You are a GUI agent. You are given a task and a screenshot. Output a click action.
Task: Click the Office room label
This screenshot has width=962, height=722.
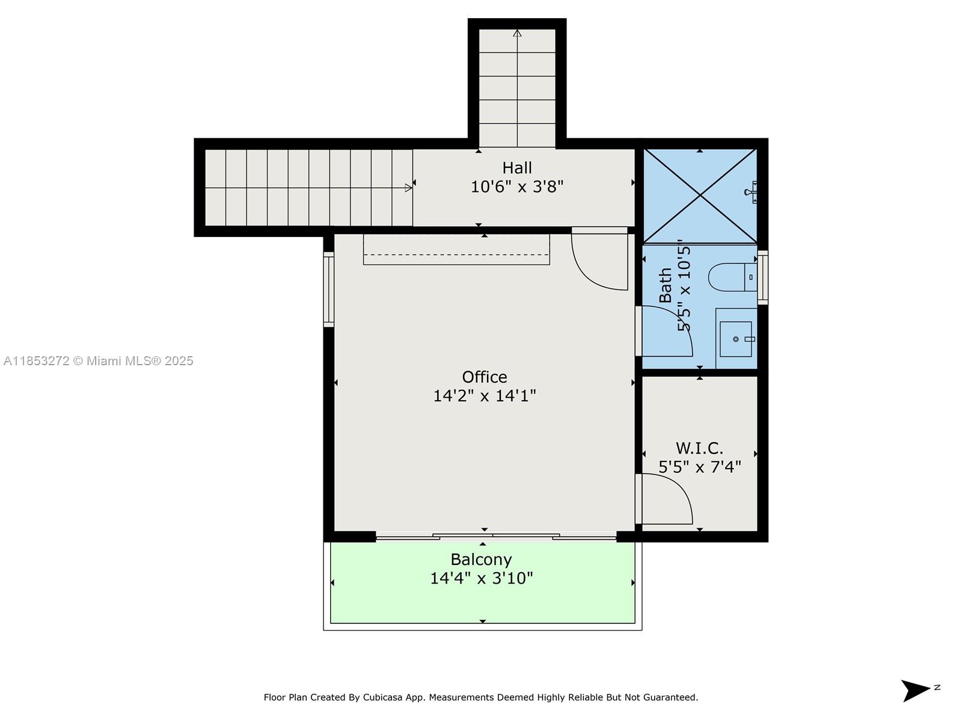click(484, 377)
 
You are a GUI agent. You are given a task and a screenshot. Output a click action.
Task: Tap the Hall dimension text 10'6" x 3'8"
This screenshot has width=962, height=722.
click(516, 187)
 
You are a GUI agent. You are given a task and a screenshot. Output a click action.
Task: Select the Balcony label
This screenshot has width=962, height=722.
click(481, 560)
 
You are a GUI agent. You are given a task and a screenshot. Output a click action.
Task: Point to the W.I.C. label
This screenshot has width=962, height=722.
click(699, 448)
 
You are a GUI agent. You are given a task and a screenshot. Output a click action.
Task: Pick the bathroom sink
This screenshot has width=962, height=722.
click(736, 339)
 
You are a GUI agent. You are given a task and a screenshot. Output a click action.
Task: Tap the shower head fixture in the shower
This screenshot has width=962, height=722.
click(751, 193)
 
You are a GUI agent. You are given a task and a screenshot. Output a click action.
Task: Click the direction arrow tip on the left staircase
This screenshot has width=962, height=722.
click(409, 188)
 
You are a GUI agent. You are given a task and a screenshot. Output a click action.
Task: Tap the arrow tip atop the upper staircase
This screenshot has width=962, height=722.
click(517, 33)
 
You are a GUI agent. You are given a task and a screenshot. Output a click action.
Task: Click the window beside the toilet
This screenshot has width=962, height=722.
click(762, 277)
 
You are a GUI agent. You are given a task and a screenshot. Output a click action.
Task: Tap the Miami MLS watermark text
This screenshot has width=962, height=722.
click(98, 361)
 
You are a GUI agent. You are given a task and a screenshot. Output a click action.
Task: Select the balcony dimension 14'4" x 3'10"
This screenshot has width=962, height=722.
click(481, 578)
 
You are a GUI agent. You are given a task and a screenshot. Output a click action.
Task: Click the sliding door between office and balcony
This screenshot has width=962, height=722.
click(495, 535)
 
